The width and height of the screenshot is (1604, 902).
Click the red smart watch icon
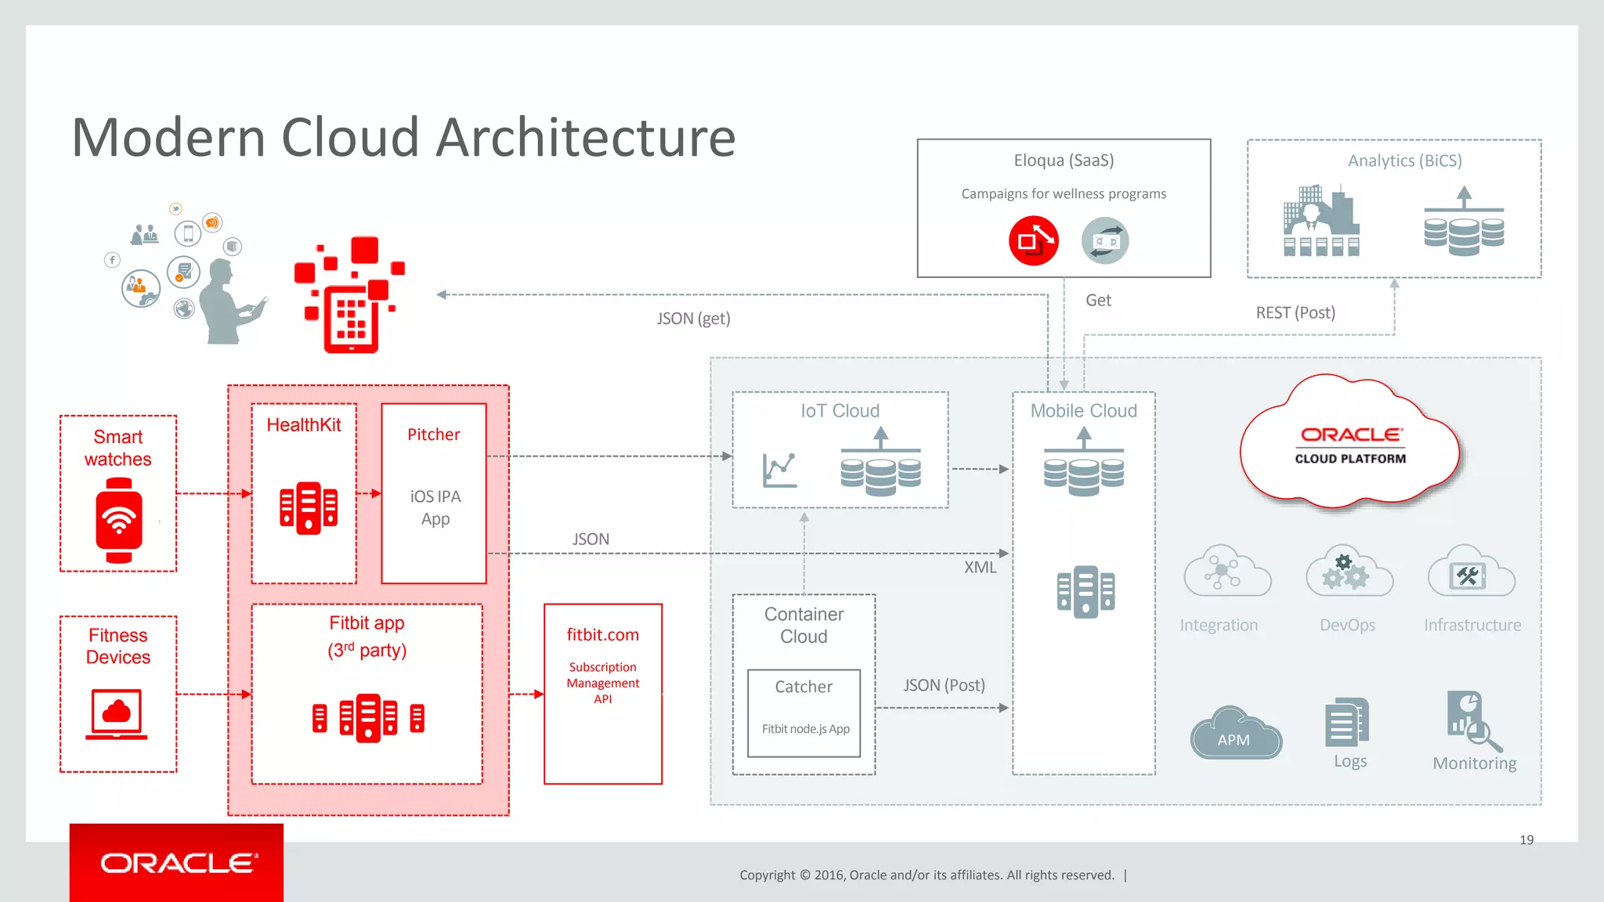coord(119,520)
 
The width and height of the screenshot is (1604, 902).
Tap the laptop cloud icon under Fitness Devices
coord(117,713)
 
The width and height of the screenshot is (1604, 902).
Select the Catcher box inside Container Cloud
coord(804,713)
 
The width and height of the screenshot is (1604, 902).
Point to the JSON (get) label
coord(693,319)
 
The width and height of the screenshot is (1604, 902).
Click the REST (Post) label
coord(1295,312)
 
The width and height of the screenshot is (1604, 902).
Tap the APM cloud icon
coord(1235,734)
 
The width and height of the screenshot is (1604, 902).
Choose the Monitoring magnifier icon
coord(1472,721)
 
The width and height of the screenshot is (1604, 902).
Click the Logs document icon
coord(1346,722)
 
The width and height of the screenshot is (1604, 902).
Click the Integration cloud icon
coord(1226,572)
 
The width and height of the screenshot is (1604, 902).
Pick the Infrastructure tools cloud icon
coord(1471,572)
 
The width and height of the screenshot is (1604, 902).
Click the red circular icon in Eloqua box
coord(1033,241)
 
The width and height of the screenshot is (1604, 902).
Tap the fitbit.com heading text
coord(602,635)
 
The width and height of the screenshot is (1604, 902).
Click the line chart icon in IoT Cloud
coord(779,470)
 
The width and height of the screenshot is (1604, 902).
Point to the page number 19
coord(1526,840)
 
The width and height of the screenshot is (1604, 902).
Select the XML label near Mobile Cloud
coord(980,568)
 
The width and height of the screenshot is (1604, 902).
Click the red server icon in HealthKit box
coord(308,507)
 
